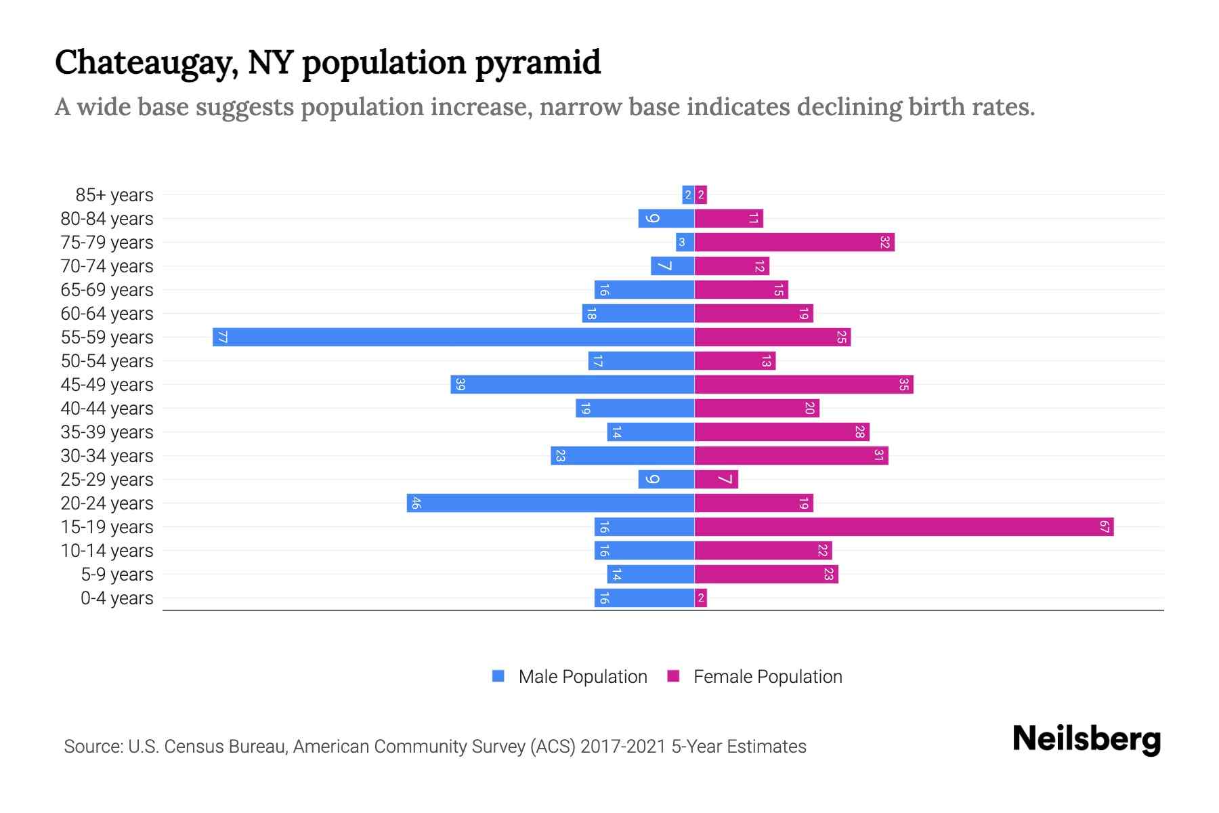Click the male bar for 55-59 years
(454, 337)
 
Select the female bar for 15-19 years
(904, 526)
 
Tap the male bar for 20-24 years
(551, 503)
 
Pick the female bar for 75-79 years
(794, 242)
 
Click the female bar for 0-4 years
(701, 598)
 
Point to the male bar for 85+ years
(688, 194)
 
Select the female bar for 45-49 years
(804, 384)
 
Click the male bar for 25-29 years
(666, 479)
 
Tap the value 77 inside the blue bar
(222, 337)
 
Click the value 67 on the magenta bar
(1105, 526)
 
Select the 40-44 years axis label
(107, 408)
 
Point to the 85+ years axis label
(114, 194)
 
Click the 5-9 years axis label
(117, 574)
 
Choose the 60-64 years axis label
(107, 313)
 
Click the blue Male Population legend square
(498, 676)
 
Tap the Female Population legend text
(767, 676)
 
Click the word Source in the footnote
(93, 746)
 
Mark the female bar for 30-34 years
(791, 455)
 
